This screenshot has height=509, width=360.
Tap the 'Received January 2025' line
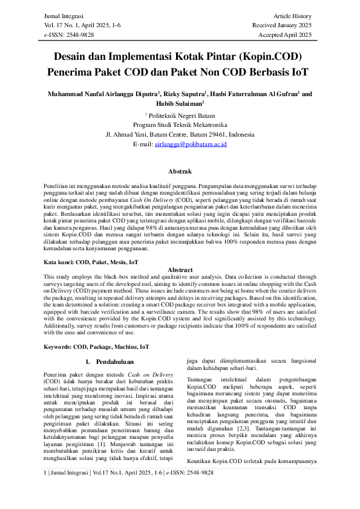point(282,25)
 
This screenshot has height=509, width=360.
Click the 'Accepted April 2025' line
point(284,35)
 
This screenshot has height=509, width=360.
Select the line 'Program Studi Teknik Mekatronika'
point(180,125)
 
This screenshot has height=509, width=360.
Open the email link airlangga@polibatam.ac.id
point(191,145)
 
